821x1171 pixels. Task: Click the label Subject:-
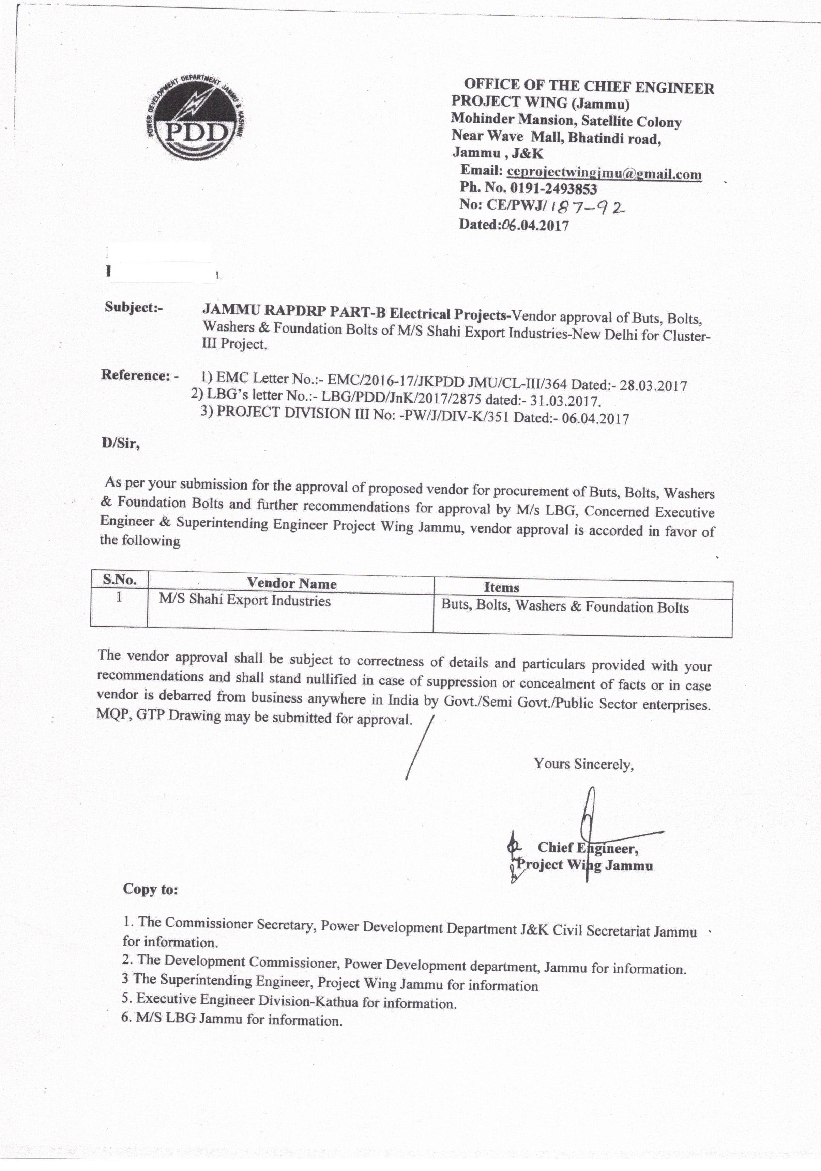tap(134, 308)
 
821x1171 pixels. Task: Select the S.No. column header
tap(119, 580)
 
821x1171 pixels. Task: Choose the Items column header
tap(501, 587)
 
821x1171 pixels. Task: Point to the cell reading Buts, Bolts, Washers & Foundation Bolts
tap(565, 606)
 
